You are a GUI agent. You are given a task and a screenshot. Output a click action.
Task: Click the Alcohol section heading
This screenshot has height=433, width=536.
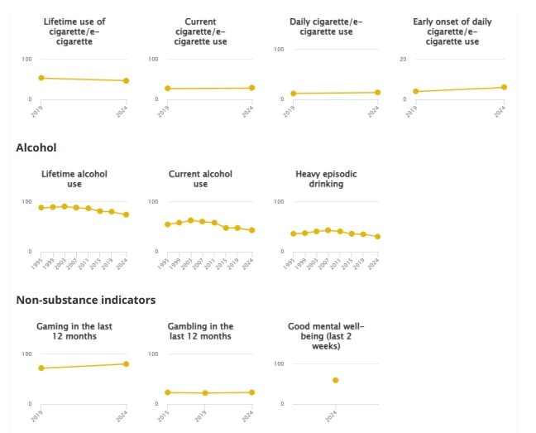(36, 147)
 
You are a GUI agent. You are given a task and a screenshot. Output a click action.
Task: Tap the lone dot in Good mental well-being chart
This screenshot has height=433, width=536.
(335, 380)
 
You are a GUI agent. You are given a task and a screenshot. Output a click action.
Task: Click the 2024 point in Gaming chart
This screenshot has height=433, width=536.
(126, 364)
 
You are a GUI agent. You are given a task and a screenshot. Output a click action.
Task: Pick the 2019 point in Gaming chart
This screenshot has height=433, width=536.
(41, 368)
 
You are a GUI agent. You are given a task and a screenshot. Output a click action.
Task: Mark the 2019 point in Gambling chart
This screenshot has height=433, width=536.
(205, 393)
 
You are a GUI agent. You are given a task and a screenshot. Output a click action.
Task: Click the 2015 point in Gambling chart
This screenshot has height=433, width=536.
(168, 392)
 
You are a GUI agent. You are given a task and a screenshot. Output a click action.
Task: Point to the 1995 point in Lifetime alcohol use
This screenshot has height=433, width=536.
(41, 208)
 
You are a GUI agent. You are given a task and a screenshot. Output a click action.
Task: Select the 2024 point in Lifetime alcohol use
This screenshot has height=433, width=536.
(126, 214)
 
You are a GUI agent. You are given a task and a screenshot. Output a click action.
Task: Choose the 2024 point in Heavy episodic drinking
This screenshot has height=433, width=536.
(377, 237)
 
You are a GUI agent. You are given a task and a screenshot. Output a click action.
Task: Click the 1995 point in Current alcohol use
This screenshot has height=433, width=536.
(168, 224)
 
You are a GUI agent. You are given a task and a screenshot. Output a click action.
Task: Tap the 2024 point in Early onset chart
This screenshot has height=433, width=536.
(504, 87)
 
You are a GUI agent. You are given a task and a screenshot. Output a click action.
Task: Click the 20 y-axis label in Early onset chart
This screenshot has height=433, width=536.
(402, 60)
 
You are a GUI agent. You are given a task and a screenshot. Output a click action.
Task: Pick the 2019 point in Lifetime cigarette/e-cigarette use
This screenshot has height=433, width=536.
(41, 78)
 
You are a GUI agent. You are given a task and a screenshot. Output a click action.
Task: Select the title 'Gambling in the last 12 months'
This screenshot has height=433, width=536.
(200, 331)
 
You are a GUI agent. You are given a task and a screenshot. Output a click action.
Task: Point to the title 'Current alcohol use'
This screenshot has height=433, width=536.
(200, 179)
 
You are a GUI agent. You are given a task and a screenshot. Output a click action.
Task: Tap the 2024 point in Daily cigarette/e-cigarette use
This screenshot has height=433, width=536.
(377, 93)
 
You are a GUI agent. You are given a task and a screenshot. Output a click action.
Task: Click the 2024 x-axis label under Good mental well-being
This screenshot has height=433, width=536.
(333, 416)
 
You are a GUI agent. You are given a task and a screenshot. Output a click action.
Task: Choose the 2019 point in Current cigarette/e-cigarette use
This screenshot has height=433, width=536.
(168, 89)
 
